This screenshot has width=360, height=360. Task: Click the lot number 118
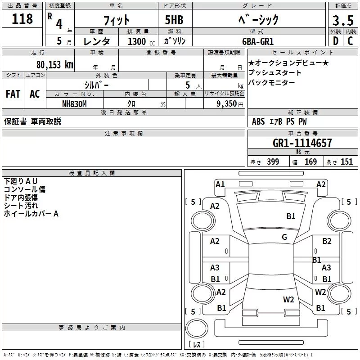23,19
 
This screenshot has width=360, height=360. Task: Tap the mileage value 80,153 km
55,64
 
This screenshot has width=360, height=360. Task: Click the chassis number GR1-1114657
302,143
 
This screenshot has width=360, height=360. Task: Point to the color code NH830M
74,103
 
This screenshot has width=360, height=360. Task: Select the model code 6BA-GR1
264,41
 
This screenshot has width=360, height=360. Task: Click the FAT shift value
13,94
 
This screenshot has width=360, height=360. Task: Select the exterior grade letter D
335,41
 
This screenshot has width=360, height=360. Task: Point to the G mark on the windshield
284,237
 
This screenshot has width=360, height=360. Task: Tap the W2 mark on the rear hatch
288,300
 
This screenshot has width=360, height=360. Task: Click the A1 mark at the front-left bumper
220,184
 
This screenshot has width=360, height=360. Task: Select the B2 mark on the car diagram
327,241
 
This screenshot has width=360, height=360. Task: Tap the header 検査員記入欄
92,173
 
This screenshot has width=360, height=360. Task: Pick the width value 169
310,162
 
